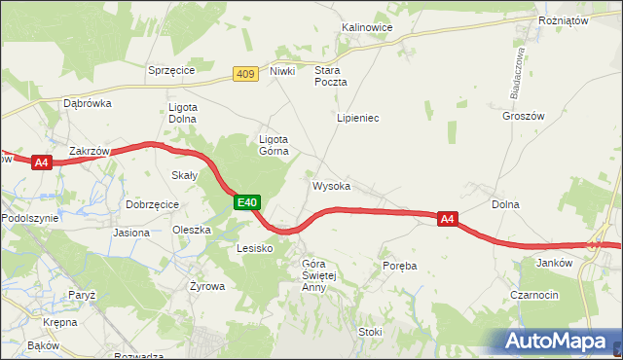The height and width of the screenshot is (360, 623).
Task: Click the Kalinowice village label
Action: [366, 27]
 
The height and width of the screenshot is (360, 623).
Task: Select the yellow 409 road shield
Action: [246, 73]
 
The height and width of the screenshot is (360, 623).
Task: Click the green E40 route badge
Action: [248, 202]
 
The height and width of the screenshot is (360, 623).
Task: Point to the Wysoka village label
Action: [331, 185]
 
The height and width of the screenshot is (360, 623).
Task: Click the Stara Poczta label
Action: [330, 77]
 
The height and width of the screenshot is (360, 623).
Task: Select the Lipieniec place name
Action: [357, 118]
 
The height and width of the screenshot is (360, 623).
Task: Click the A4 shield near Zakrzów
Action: [41, 162]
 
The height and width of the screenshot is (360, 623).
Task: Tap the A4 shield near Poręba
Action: [447, 220]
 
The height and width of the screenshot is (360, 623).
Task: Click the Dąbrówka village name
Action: [88, 102]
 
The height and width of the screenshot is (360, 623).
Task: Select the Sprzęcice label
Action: [171, 70]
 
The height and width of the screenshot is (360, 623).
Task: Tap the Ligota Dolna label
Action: [183, 112]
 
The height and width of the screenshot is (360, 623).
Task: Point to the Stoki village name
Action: [371, 332]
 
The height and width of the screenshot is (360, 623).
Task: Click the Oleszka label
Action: [192, 231]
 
